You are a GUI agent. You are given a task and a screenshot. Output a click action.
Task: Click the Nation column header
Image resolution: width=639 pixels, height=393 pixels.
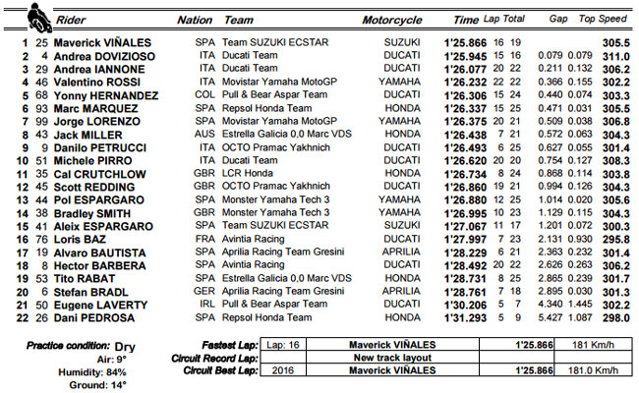pos(194,19)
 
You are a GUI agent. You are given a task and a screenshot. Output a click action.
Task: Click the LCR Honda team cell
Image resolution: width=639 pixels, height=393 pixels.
pos(250,172)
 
